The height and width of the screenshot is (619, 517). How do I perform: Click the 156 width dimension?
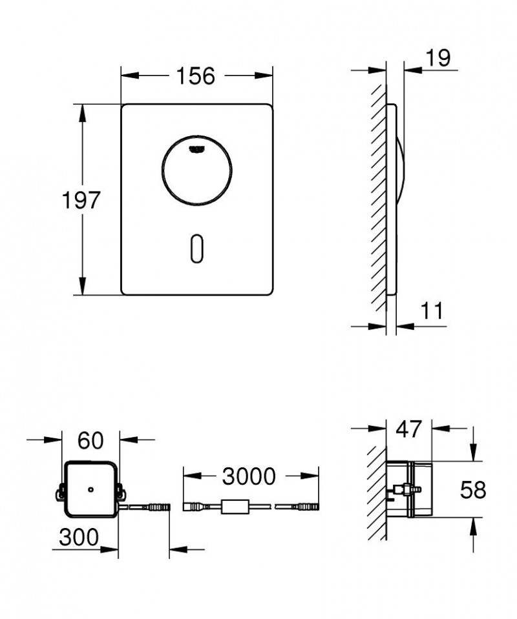pyautogui.click(x=196, y=76)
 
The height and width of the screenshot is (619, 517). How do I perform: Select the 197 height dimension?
pyautogui.click(x=81, y=200)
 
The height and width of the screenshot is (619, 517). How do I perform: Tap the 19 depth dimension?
pyautogui.click(x=438, y=57)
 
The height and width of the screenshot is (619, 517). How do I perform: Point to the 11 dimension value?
pyautogui.click(x=432, y=311)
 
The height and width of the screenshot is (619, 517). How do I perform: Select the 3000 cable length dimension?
pyautogui.click(x=249, y=476)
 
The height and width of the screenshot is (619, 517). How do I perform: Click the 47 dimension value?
pyautogui.click(x=408, y=428)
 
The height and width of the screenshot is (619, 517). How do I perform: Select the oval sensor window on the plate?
pyautogui.click(x=196, y=249)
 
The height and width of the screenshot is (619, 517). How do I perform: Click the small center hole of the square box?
pyautogui.click(x=91, y=489)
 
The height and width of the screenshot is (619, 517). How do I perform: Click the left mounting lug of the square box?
pyautogui.click(x=59, y=494)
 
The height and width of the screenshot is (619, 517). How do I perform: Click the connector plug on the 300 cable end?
pyautogui.click(x=159, y=507)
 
